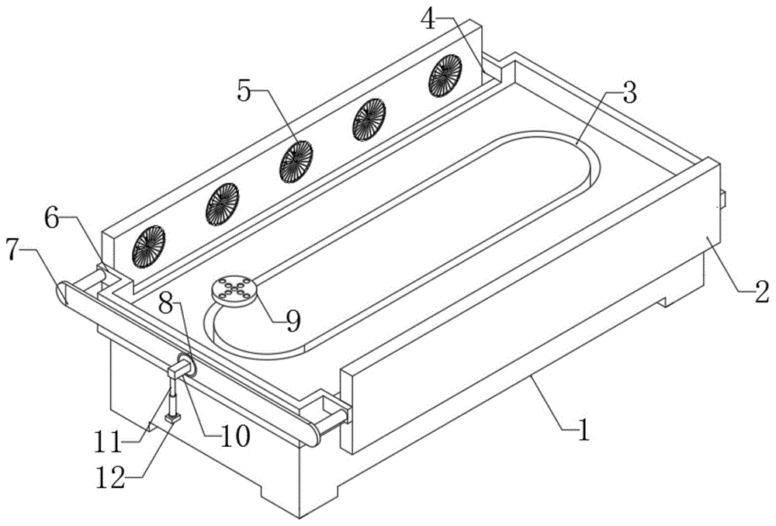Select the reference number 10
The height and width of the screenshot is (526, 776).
tap(233, 436)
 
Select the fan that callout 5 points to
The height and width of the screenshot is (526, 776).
tap(296, 159)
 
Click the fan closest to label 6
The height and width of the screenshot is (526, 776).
tap(147, 247)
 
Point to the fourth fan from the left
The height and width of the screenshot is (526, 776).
tap(369, 119)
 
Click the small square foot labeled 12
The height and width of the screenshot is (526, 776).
tap(172, 418)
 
